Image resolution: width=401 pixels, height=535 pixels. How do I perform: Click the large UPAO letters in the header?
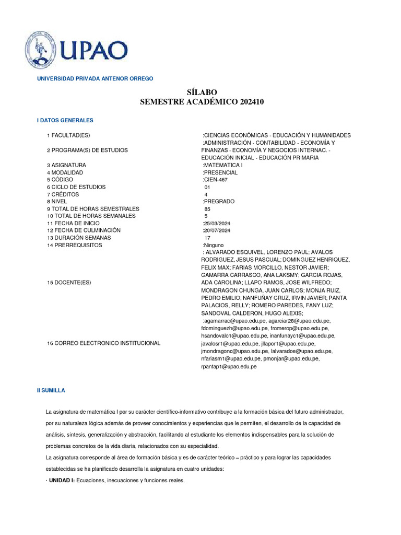pyautogui.click(x=95, y=51)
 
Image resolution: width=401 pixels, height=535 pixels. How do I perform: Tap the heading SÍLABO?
pyautogui.click(x=202, y=92)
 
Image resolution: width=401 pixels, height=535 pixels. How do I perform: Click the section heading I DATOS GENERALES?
pyautogui.click(x=65, y=120)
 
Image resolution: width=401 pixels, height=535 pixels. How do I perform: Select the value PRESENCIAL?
pyautogui.click(x=220, y=172)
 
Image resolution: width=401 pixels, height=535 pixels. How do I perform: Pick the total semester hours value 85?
pyautogui.click(x=207, y=208)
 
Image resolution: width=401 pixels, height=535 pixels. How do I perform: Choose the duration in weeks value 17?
pyautogui.click(x=207, y=238)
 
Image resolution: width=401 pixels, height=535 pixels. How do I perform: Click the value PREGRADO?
pyautogui.click(x=219, y=201)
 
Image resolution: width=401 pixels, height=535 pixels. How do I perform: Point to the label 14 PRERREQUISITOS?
pyautogui.click(x=75, y=245)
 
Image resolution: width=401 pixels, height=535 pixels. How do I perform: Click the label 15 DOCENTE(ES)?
pyautogui.click(x=69, y=282)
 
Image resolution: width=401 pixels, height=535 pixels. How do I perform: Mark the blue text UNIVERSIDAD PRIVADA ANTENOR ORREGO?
pyautogui.click(x=95, y=78)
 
